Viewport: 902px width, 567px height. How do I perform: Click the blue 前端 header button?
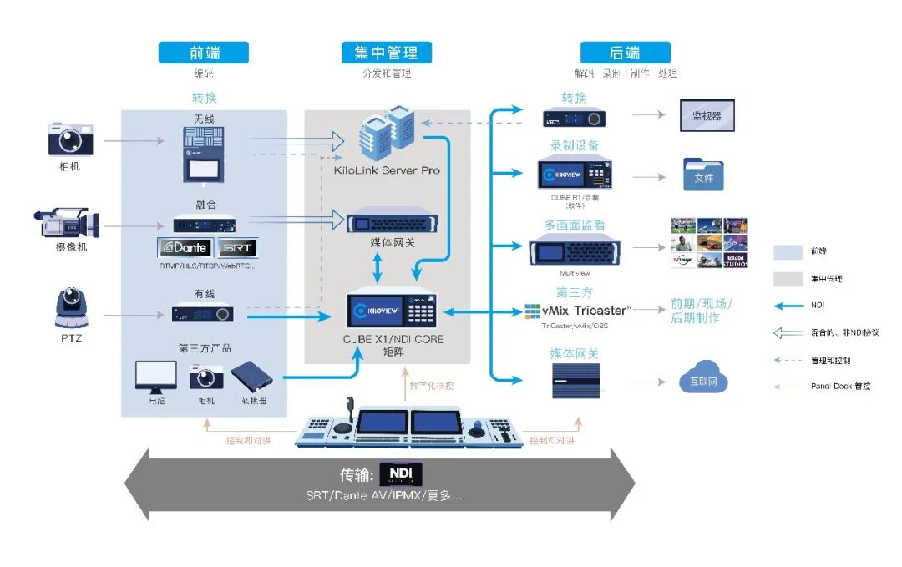(204, 53)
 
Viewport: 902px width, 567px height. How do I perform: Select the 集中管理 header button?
(386, 53)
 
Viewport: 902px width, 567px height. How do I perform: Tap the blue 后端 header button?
(625, 53)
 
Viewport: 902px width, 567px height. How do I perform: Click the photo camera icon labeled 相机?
(70, 139)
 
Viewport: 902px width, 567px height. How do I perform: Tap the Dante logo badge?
(185, 248)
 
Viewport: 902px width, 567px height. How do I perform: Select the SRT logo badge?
(237, 248)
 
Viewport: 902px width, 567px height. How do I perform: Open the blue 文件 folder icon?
(703, 175)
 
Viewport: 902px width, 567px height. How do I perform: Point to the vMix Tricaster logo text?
(578, 311)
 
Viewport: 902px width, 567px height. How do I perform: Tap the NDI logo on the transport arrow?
(401, 474)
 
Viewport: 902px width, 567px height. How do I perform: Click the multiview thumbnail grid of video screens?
(709, 243)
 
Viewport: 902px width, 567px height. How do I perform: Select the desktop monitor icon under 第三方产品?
(156, 377)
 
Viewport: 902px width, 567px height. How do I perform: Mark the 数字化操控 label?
(432, 386)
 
